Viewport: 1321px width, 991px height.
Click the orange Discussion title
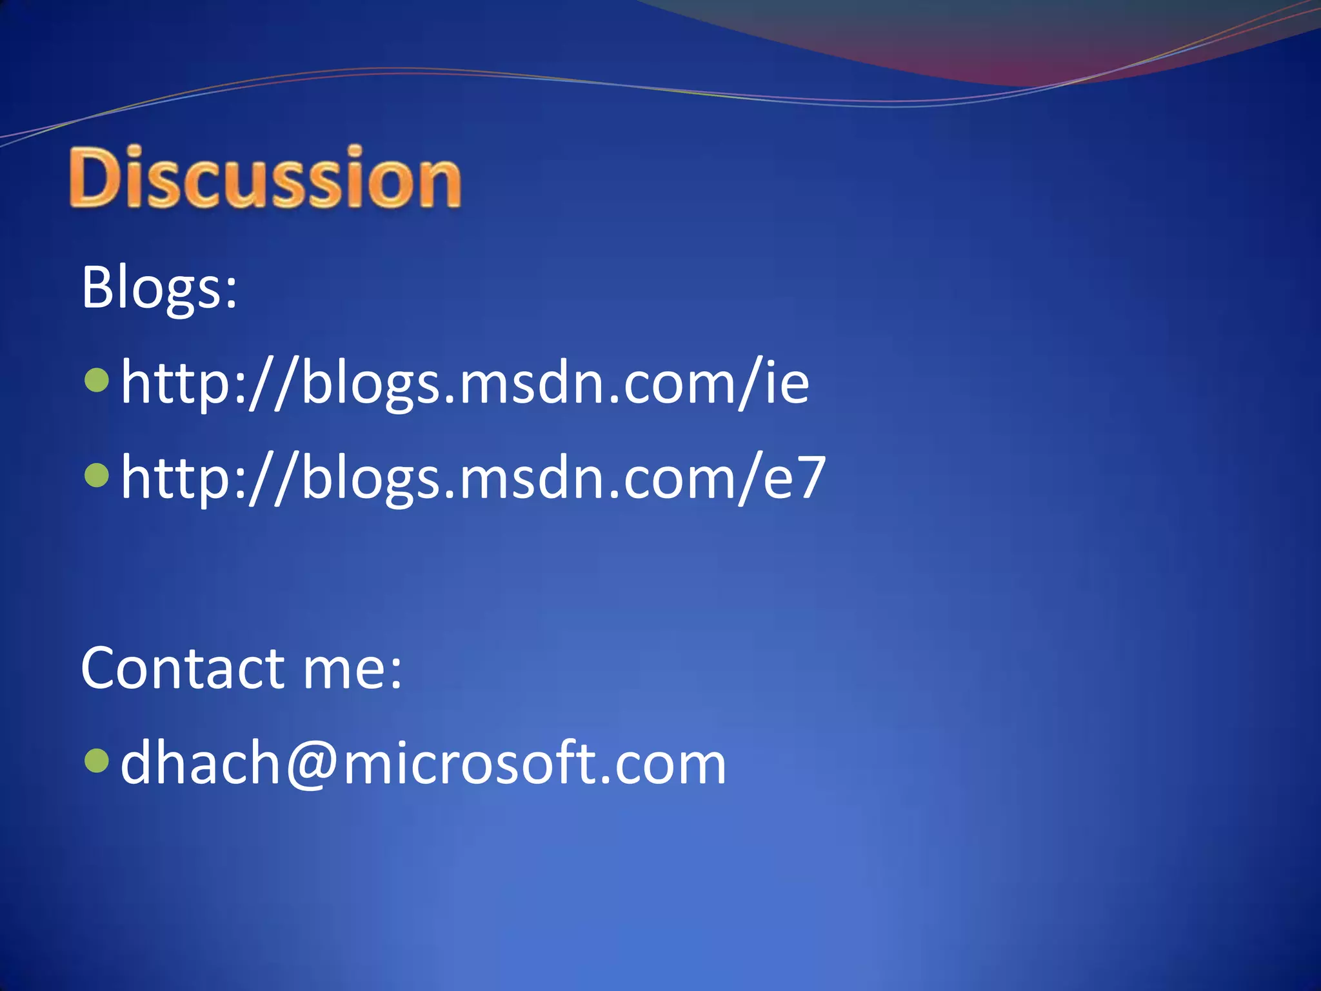[264, 177]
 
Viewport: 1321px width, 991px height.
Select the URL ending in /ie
[464, 383]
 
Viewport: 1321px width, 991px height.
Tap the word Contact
[183, 668]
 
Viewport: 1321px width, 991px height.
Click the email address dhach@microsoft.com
[423, 764]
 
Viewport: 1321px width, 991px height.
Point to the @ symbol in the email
[312, 765]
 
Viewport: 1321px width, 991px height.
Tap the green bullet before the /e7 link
[97, 475]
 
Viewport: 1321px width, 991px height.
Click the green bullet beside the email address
[97, 761]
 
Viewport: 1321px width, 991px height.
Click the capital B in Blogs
[98, 287]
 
